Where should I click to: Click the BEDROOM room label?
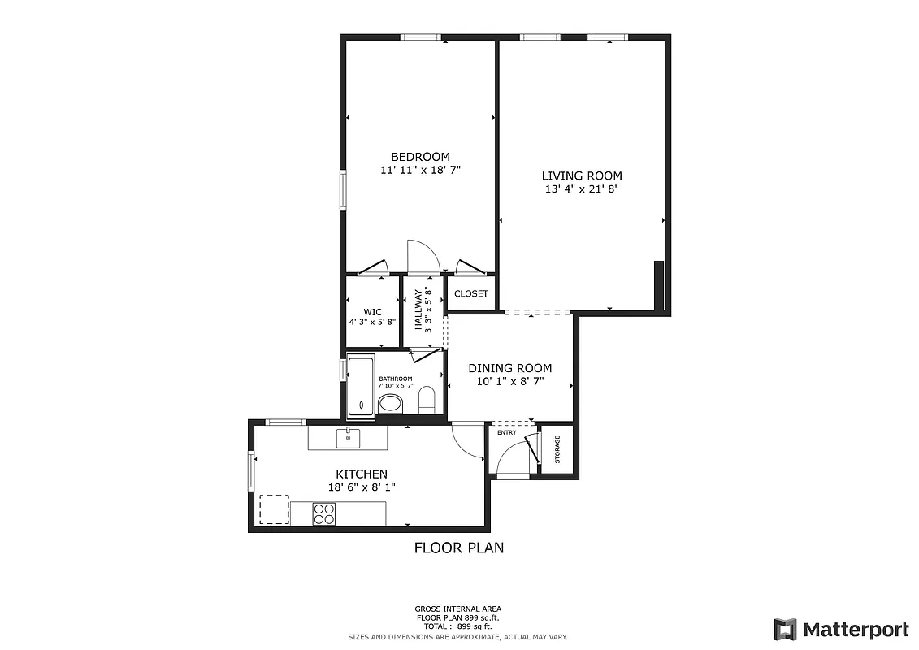pos(420,157)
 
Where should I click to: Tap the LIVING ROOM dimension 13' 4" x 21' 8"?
pos(582,189)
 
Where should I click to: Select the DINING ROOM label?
pos(509,368)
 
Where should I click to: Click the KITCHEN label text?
pos(362,474)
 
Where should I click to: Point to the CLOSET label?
pos(471,293)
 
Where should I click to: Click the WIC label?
pos(372,311)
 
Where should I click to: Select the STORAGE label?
pos(557,449)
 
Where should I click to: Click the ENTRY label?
pos(506,432)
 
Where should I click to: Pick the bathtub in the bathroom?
pos(360,385)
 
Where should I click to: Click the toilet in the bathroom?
pos(427,401)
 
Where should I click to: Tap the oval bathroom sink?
pos(391,404)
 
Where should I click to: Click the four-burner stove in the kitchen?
pos(325,513)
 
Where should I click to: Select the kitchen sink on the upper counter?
pos(348,437)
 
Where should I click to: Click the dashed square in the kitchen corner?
pos(274,510)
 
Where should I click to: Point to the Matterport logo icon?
pos(785,629)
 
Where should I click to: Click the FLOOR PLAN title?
pos(459,548)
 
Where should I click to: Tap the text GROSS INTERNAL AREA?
pos(458,609)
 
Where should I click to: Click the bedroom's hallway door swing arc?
pos(423,256)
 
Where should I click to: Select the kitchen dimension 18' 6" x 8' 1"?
pos(362,487)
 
